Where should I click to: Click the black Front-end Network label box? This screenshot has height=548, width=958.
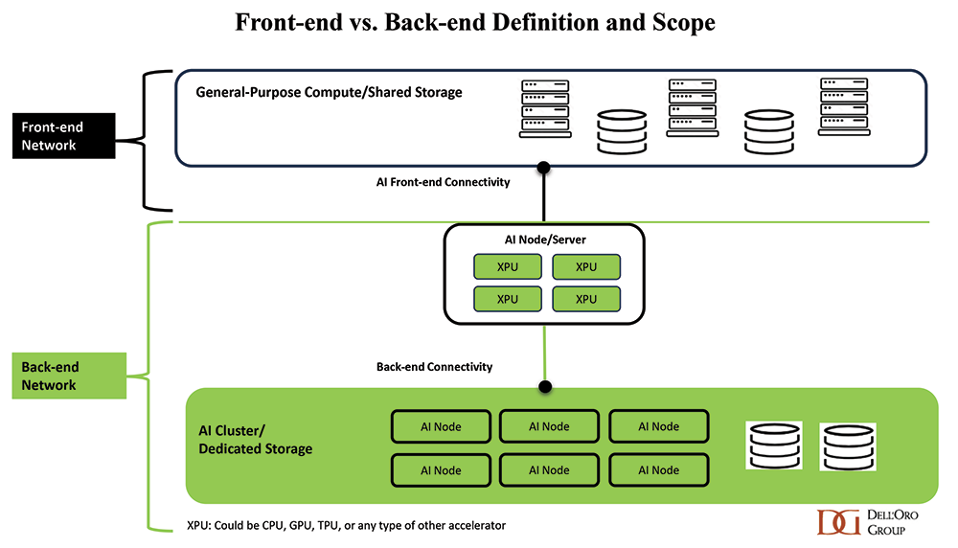(x=61, y=135)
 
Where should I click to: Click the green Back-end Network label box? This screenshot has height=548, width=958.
(x=67, y=376)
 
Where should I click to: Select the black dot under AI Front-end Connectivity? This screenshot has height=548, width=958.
(x=544, y=168)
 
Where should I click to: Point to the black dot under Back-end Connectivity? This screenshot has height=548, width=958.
(x=545, y=387)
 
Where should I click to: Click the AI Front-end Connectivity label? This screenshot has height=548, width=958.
(x=444, y=182)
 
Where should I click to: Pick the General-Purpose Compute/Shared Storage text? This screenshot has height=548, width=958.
(x=329, y=93)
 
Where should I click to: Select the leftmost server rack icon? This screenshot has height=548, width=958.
(x=545, y=108)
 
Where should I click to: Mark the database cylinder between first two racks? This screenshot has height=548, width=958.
(x=620, y=132)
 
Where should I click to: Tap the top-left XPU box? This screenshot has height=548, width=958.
(x=507, y=266)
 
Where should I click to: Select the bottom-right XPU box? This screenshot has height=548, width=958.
(x=585, y=299)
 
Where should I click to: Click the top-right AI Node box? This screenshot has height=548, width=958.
(x=658, y=426)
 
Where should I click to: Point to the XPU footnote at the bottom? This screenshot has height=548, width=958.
(x=346, y=525)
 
